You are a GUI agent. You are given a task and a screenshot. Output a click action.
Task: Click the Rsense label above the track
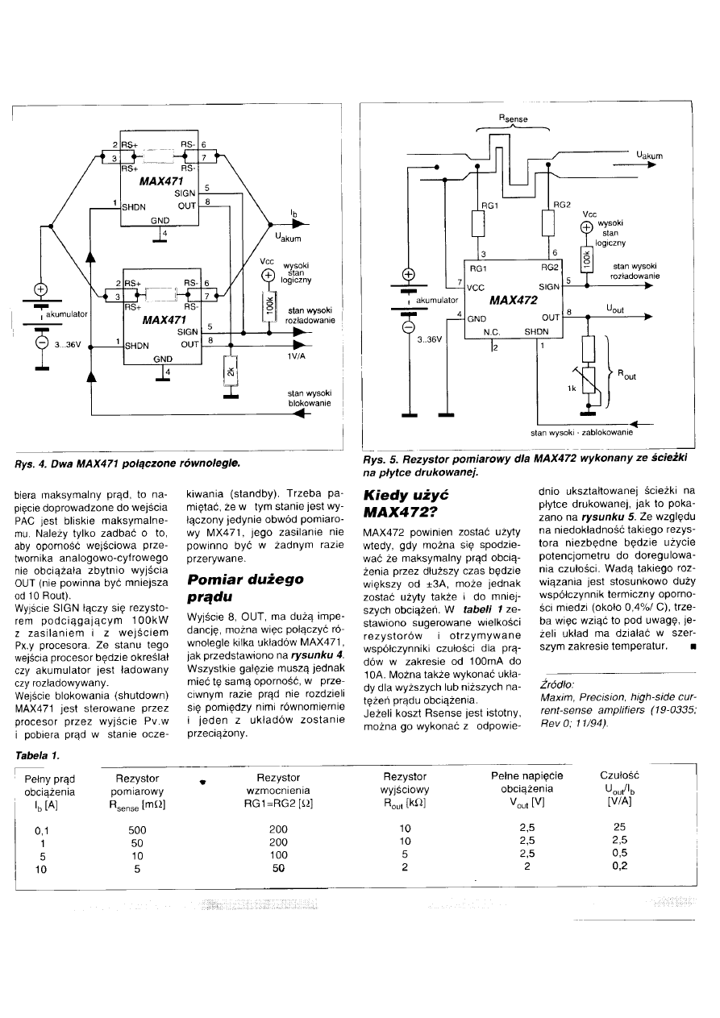[x=513, y=118]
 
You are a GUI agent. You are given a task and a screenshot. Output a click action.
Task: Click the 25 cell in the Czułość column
[x=619, y=827]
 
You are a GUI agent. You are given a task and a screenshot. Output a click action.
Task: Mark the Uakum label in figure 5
[x=649, y=156]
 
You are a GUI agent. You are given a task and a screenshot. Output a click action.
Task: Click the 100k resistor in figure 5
[x=586, y=260]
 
